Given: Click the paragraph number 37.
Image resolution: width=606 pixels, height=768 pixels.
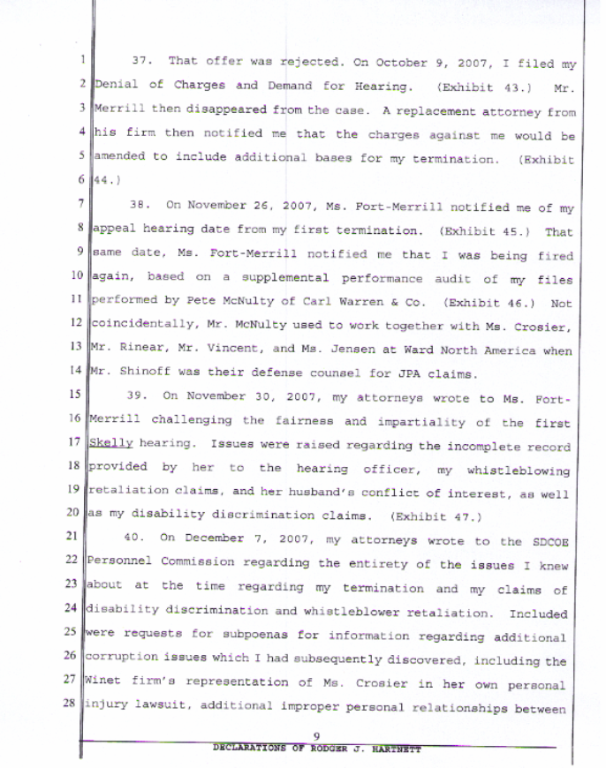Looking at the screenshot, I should (143, 62).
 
